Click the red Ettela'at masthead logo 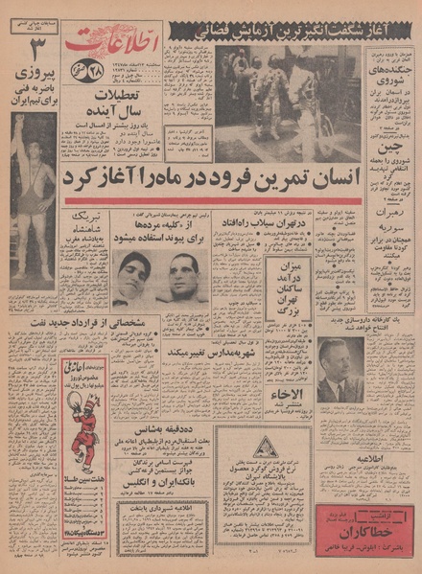point(100,44)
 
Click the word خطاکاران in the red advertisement point(363,533)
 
